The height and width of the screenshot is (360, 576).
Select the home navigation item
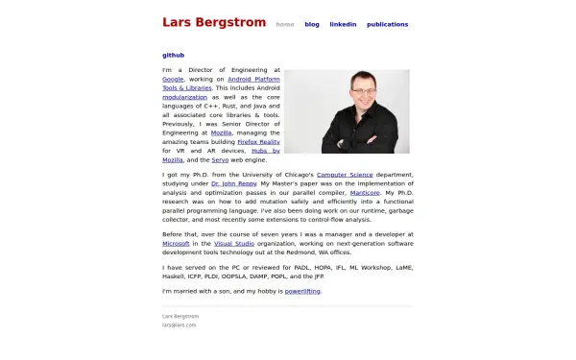pos(285,24)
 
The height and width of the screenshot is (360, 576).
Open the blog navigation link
pos(312,24)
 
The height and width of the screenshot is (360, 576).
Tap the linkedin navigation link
pos(343,24)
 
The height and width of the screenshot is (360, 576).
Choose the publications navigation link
pos(387,24)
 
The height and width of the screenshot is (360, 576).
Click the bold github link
pos(174,56)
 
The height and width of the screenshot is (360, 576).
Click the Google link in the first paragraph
pos(174,80)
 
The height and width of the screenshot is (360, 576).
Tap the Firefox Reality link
pos(258,141)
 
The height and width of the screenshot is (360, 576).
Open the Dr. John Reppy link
pos(228,183)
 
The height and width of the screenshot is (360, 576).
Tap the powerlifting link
pos(302,290)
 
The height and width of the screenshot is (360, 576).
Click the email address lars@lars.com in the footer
pos(180,325)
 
